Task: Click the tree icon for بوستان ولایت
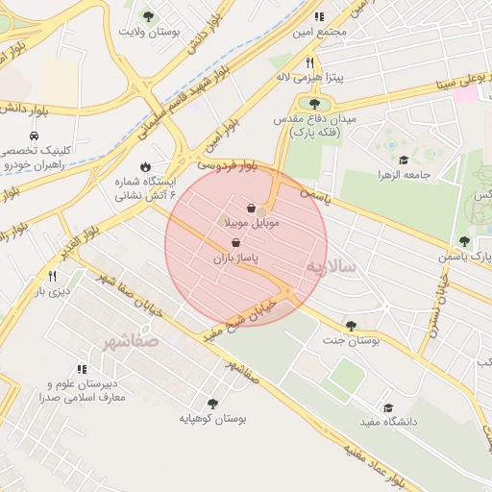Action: click(x=148, y=16)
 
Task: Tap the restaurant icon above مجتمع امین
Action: click(x=319, y=16)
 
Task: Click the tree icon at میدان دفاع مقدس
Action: click(x=314, y=103)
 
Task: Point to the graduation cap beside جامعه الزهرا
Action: click(x=404, y=160)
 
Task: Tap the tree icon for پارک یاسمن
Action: click(x=465, y=241)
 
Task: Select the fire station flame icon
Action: click(x=145, y=166)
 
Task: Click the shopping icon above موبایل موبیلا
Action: click(x=252, y=208)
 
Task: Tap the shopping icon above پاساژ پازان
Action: click(x=236, y=243)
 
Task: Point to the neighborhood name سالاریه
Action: click(x=332, y=266)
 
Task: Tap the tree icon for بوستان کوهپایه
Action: click(x=212, y=404)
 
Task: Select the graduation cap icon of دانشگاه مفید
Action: click(x=388, y=407)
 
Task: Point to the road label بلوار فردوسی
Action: click(x=228, y=166)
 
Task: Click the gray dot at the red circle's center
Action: click(x=260, y=210)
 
